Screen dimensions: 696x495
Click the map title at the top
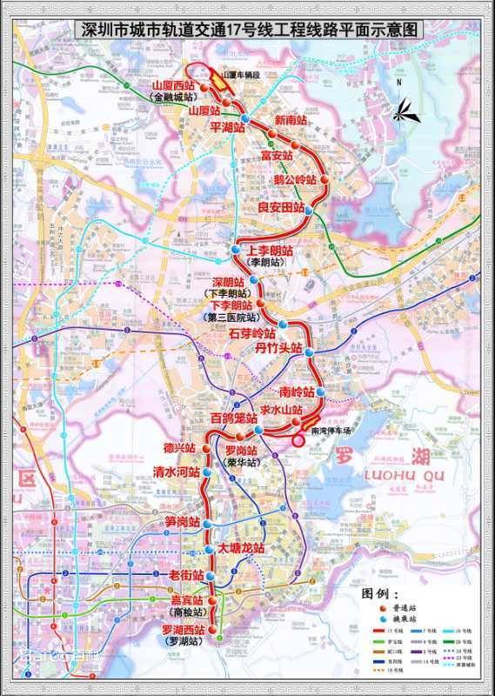point(250,30)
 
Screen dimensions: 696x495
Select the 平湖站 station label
point(230,126)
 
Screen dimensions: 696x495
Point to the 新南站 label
point(291,119)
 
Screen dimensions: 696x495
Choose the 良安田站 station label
point(281,209)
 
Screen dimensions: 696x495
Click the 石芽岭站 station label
point(252,333)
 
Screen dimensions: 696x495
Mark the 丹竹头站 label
point(278,349)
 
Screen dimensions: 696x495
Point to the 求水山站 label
point(281,410)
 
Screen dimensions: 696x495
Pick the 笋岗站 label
point(183,523)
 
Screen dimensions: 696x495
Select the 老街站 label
point(186,576)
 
